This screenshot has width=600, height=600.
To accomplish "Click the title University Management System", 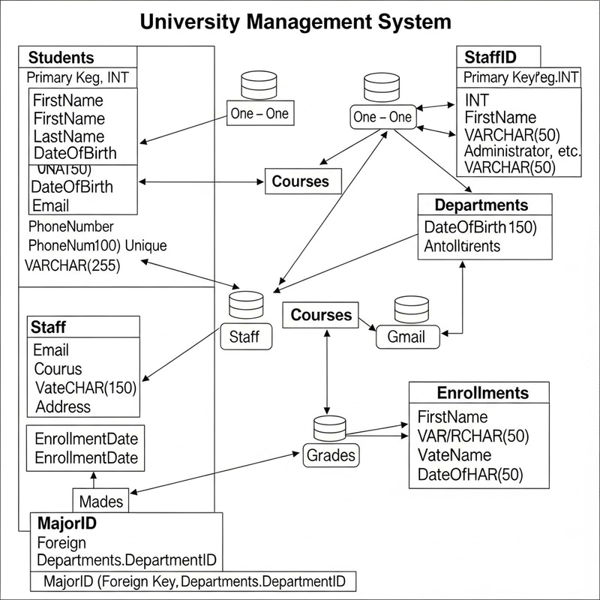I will [x=295, y=21].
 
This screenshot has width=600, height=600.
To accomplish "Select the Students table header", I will [x=61, y=58].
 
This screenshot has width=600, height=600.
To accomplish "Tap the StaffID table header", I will [x=490, y=57].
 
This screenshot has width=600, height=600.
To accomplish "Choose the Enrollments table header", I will [x=482, y=393].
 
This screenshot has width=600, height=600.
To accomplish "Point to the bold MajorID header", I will [x=66, y=523].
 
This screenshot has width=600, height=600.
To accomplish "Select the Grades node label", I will [x=331, y=454].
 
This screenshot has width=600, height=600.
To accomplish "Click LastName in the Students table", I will [x=69, y=136].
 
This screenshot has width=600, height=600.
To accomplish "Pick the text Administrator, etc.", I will [x=523, y=151].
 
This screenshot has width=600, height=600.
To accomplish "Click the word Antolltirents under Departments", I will [x=462, y=245].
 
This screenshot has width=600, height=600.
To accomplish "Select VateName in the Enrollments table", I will [x=454, y=454].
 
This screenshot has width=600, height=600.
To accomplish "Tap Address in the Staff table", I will [x=63, y=406].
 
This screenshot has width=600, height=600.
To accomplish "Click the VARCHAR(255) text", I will [x=72, y=264].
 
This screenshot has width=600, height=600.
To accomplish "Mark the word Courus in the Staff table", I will [x=58, y=369].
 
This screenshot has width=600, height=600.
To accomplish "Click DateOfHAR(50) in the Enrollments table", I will [x=469, y=474].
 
